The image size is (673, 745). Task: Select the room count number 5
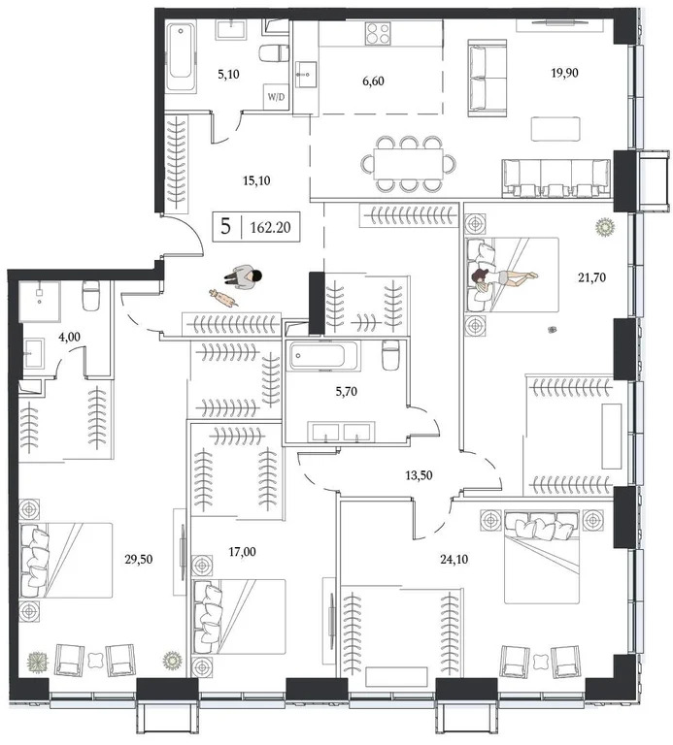pos(226,229)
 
